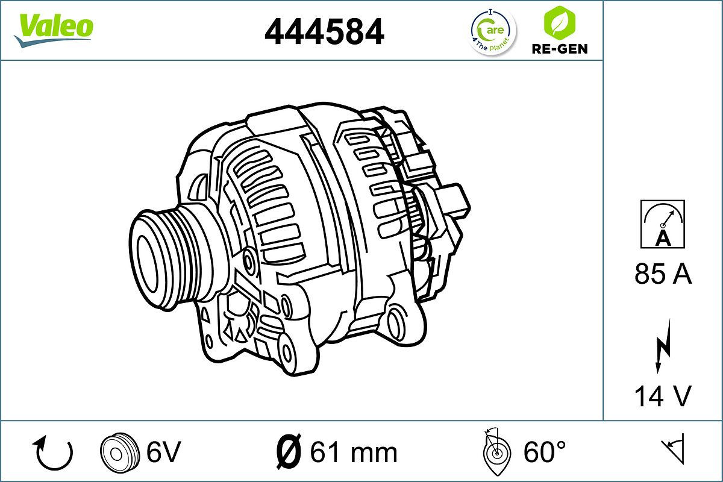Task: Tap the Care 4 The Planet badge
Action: (493, 31)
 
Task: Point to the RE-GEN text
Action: (559, 49)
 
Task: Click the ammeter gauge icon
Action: (662, 224)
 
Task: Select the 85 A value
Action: (663, 275)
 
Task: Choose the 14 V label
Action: (663, 396)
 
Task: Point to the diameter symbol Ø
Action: (289, 451)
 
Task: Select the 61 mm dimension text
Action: (353, 452)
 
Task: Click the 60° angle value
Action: (545, 451)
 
